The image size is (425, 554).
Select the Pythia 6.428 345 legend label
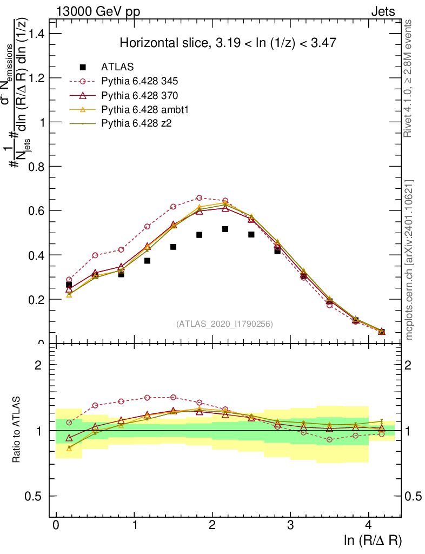(x=140, y=82)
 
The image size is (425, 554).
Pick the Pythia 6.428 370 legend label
(x=140, y=96)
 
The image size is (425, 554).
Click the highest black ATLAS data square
(x=225, y=229)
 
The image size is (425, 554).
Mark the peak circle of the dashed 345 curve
(x=200, y=198)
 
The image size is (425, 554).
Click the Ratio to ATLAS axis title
(x=17, y=430)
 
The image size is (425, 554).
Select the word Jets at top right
(x=382, y=11)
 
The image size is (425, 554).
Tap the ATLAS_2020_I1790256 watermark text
(x=224, y=324)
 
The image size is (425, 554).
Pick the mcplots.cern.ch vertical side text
(x=409, y=260)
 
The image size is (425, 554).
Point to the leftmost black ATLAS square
(x=69, y=285)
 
